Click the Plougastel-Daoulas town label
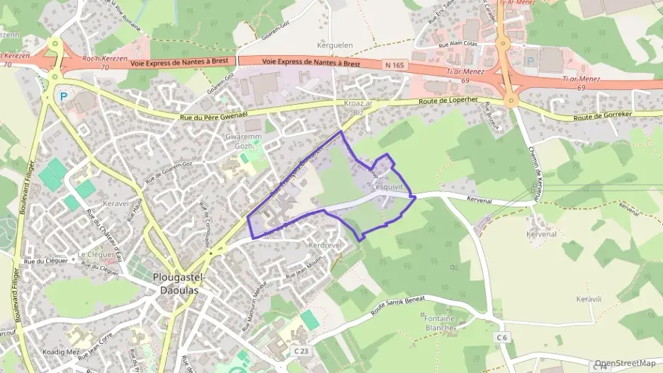tap(178, 283)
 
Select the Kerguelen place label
tap(335, 45)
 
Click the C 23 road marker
tap(301, 350)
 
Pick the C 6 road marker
tap(502, 338)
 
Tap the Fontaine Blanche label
tap(440, 323)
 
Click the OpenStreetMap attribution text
tap(625, 364)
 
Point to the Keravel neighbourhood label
tap(115, 202)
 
